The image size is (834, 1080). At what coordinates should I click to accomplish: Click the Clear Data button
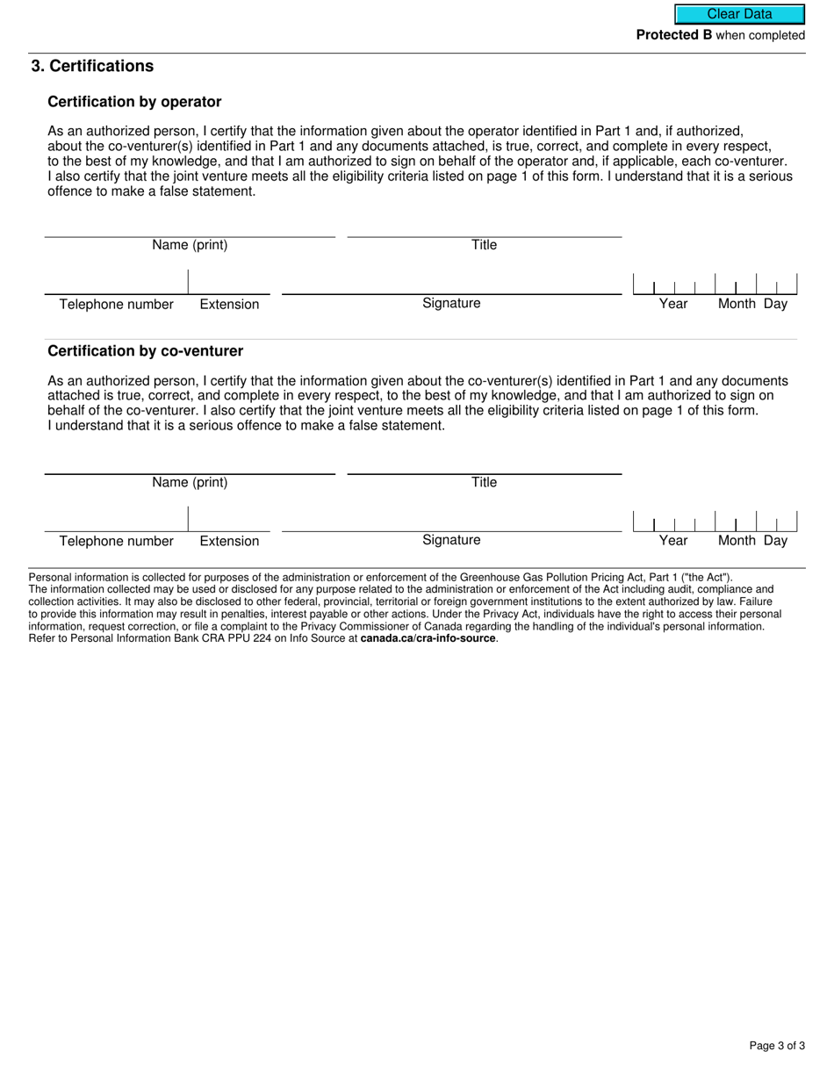click(x=739, y=14)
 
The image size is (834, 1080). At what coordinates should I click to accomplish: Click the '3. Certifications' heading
click(x=92, y=67)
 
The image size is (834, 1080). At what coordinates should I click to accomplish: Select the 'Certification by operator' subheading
click(x=134, y=102)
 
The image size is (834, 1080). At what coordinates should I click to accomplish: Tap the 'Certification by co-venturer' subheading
click(x=145, y=351)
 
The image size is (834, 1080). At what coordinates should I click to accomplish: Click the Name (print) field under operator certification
click(x=190, y=227)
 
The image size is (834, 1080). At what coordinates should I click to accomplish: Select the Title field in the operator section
click(x=484, y=227)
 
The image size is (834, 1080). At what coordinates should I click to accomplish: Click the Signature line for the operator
click(x=451, y=284)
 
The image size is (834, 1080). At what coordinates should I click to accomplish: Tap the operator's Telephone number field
click(x=116, y=284)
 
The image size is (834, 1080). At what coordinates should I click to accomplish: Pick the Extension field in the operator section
click(x=229, y=284)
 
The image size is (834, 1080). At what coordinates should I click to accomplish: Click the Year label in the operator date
click(x=673, y=304)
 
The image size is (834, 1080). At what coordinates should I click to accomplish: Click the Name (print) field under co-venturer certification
click(x=190, y=464)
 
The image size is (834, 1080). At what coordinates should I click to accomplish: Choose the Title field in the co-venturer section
click(x=484, y=464)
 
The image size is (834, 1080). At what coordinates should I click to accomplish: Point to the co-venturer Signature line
click(x=451, y=521)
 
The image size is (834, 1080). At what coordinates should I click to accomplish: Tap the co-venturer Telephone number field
click(x=116, y=521)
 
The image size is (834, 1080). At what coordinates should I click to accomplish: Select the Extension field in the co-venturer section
click(x=229, y=521)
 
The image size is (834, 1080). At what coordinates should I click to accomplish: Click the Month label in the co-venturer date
click(x=737, y=541)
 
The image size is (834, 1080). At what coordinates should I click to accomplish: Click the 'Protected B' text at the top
click(x=674, y=36)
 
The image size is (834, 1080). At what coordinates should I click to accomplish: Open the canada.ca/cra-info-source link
click(x=428, y=638)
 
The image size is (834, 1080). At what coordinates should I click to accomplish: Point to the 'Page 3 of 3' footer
click(x=777, y=1046)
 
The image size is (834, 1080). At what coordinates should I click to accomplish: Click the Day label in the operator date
click(x=775, y=304)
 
